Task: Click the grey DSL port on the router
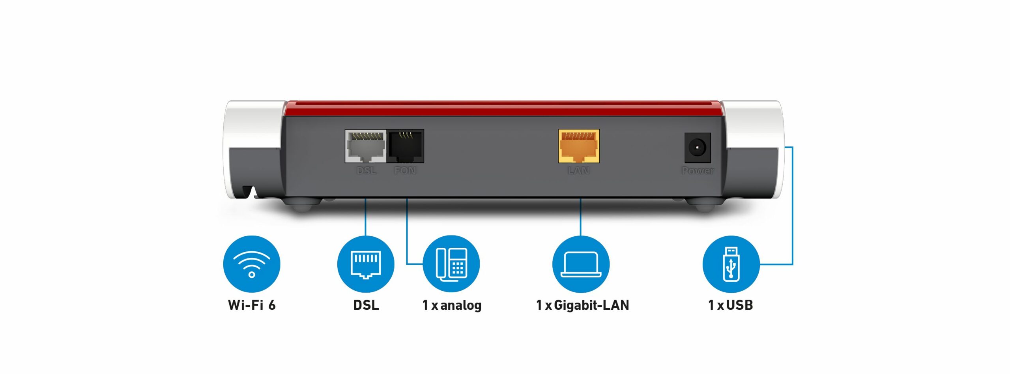pos(365,146)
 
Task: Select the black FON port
pos(406,146)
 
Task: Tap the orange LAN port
pos(579,146)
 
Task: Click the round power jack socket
pos(697,148)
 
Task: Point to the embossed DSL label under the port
pos(366,171)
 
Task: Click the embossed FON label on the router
pos(405,171)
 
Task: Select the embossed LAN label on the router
pos(579,171)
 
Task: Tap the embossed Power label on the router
pos(698,171)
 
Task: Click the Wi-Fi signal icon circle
pos(252,264)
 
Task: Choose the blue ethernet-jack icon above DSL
pos(366,264)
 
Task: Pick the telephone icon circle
pos(451,264)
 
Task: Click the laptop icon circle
pos(581,264)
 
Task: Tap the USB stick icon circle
pos(731,264)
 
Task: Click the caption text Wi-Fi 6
pos(252,305)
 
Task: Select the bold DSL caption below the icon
pos(366,305)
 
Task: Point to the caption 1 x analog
pos(452,305)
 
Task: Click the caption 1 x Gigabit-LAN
pos(582,305)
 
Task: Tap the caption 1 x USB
pos(731,305)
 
